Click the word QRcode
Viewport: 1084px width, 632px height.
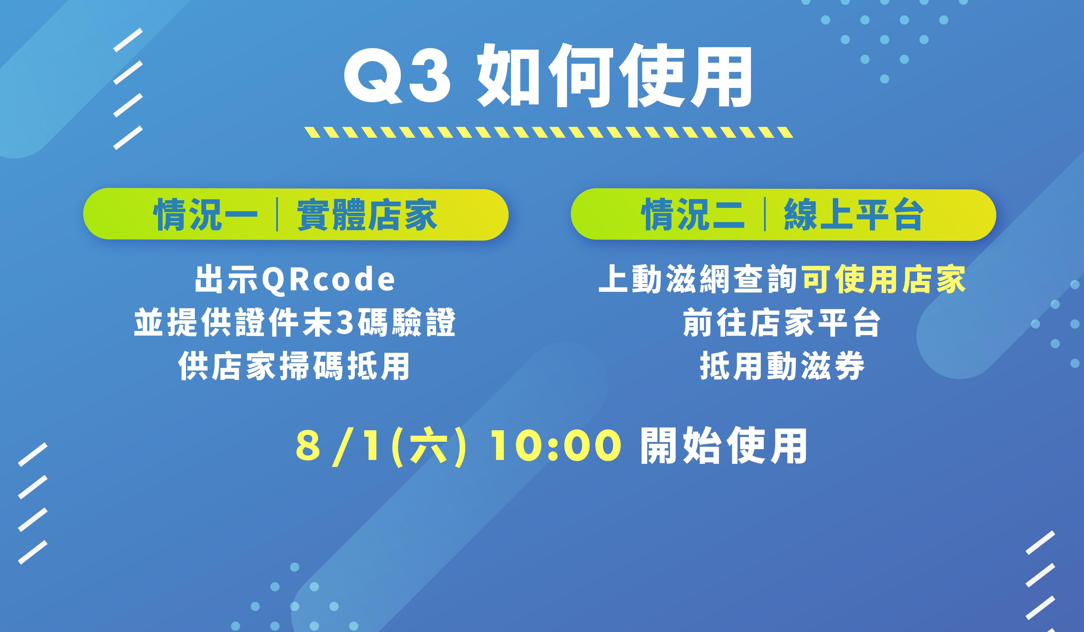click(x=328, y=279)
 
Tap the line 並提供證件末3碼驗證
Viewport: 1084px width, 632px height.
click(x=295, y=322)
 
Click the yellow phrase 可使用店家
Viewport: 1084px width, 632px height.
click(x=884, y=279)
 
